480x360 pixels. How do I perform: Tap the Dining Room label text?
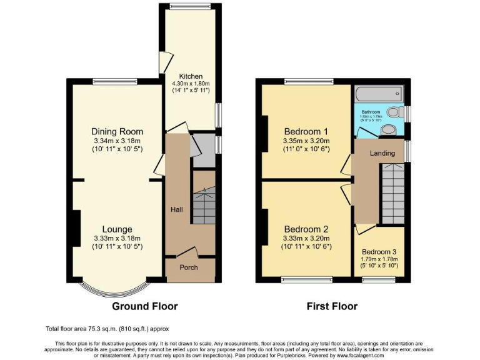point(117,131)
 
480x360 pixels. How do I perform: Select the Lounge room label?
point(117,229)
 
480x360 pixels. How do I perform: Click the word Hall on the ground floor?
point(176,209)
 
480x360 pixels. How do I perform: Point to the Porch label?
point(189,267)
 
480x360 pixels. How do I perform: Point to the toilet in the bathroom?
point(393,112)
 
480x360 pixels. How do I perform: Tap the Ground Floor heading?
point(144,306)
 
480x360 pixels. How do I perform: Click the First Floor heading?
point(332,306)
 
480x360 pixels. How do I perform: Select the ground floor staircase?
point(203,206)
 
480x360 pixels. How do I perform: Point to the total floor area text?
point(106,328)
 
